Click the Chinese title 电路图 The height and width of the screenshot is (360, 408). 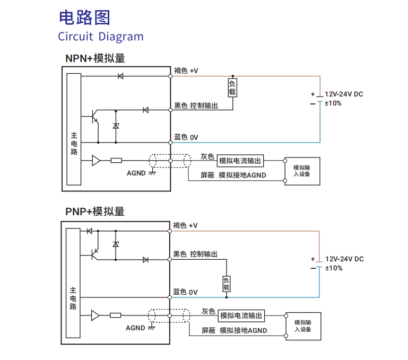(x=84, y=17)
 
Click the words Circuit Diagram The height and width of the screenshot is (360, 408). (x=101, y=37)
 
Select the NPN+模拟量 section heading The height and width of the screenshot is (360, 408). (x=95, y=58)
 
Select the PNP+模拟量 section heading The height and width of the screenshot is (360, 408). (x=95, y=212)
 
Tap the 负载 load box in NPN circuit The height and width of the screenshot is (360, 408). (x=232, y=88)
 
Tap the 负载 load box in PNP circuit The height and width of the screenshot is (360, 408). (x=227, y=284)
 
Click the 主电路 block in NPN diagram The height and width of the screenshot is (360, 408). (x=74, y=129)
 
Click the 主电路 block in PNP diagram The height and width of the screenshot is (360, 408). (x=73, y=284)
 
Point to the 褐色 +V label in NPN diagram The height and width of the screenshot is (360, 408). (x=186, y=71)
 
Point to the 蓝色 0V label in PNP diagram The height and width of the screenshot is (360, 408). (x=185, y=292)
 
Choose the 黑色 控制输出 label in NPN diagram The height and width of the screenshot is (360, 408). (x=196, y=106)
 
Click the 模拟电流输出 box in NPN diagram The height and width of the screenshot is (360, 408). (x=240, y=161)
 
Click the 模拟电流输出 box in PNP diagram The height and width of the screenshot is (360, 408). (x=241, y=315)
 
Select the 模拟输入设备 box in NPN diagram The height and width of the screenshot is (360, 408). (x=302, y=171)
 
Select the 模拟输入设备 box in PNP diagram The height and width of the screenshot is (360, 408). (x=303, y=326)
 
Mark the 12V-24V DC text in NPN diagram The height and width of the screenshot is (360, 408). (x=344, y=94)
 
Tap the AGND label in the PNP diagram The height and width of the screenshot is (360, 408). (x=135, y=328)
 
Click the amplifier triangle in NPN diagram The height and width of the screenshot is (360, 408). (x=96, y=160)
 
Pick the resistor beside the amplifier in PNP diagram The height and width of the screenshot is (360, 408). (x=116, y=315)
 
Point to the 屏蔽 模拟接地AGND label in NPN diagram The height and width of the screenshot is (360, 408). (x=233, y=175)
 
